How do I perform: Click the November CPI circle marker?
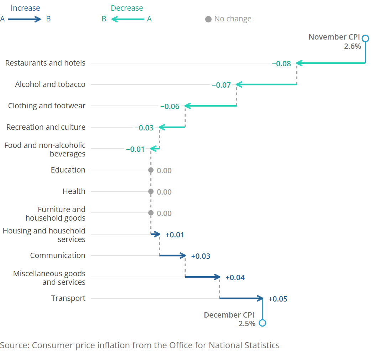click(x=365, y=38)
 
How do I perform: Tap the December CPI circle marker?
click(x=263, y=323)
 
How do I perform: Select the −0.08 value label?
click(x=281, y=64)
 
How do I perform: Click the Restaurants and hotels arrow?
click(x=331, y=63)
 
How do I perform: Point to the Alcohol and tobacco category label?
click(x=50, y=84)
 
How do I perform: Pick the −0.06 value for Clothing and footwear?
click(x=170, y=107)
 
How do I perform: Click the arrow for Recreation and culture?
click(x=172, y=127)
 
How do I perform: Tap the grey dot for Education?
click(x=151, y=170)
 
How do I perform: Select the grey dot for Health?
click(x=151, y=192)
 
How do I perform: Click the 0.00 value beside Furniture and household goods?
click(x=164, y=214)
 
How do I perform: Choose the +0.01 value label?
click(x=175, y=235)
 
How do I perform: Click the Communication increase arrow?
click(x=173, y=256)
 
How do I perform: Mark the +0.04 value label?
click(x=235, y=278)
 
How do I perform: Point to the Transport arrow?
click(x=241, y=298)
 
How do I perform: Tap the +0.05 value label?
click(x=277, y=299)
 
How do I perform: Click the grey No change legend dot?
click(x=208, y=19)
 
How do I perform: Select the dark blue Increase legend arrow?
click(x=25, y=19)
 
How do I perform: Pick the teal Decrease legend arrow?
click(x=128, y=19)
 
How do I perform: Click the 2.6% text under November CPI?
click(x=352, y=46)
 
